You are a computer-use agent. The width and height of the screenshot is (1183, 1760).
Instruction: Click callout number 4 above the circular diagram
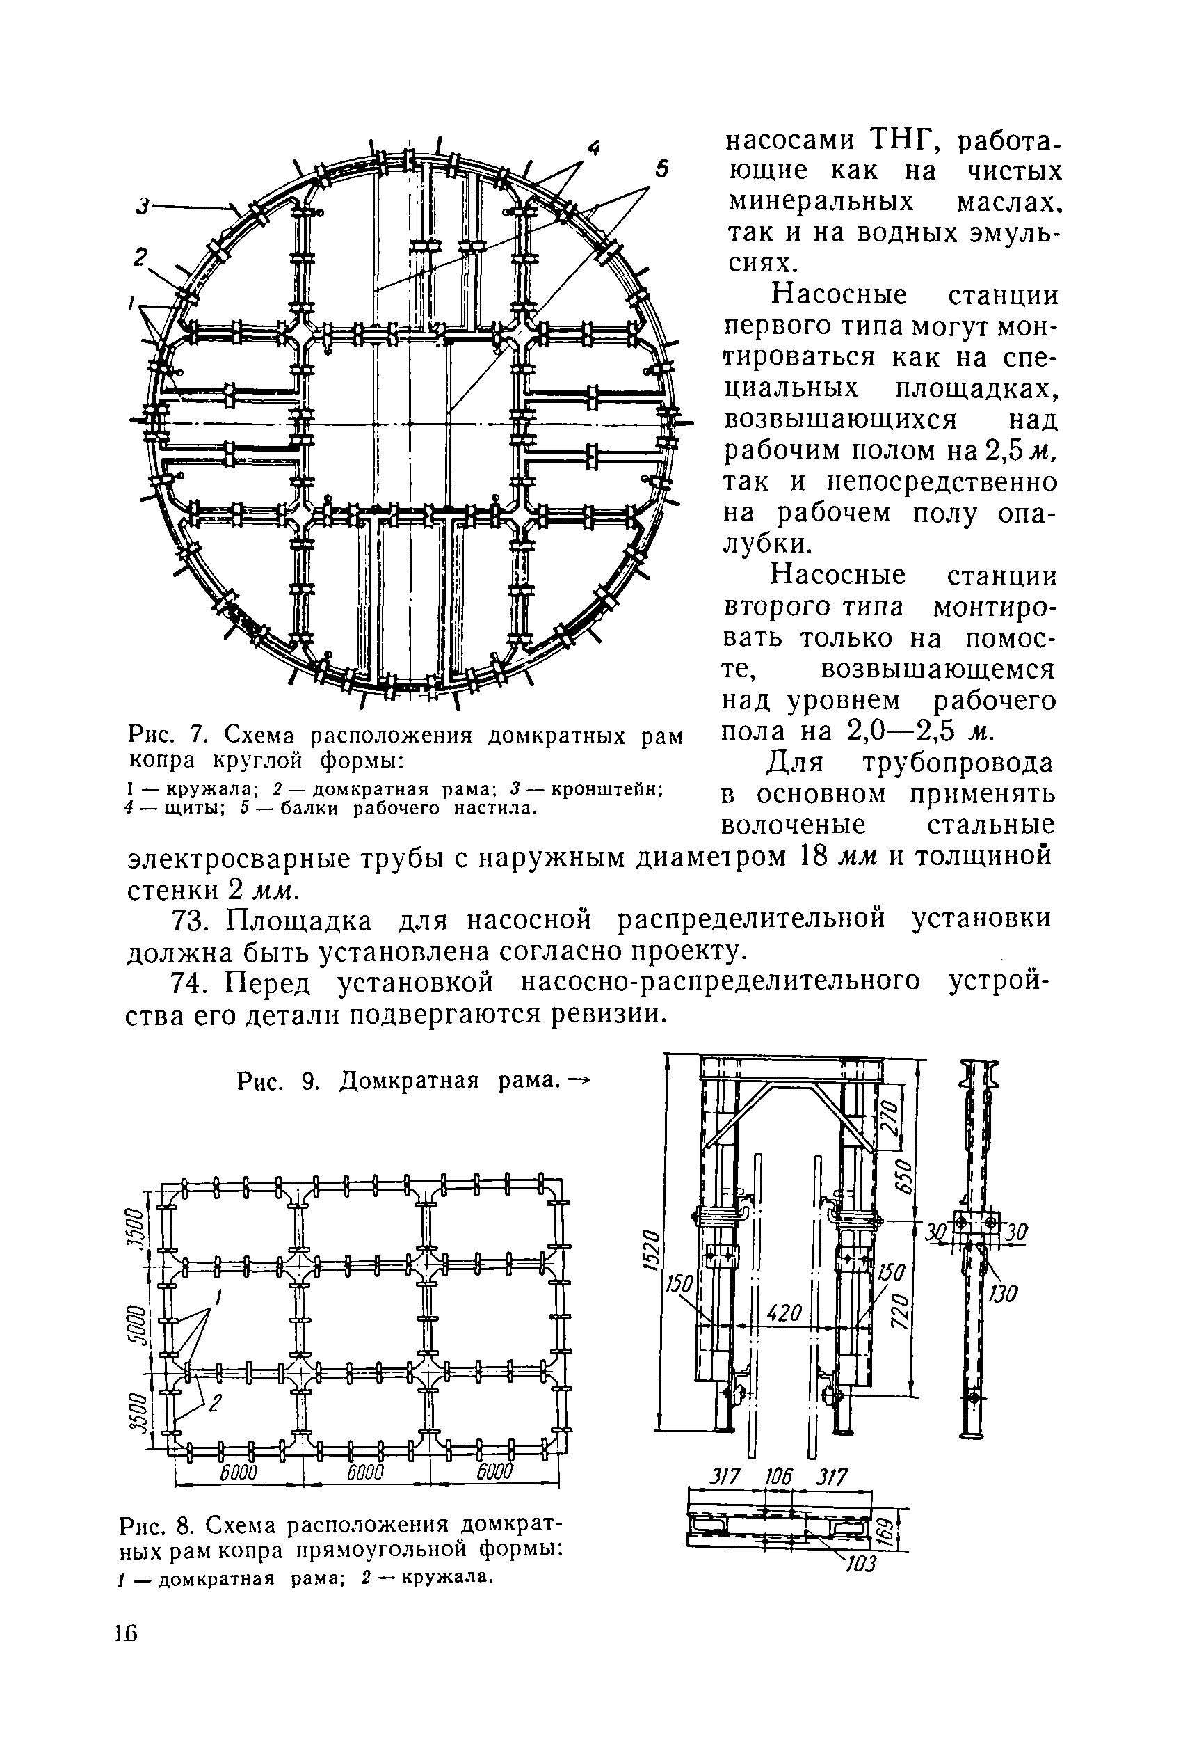click(x=595, y=149)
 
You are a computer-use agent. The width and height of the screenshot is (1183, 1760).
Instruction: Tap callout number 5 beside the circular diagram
click(x=661, y=171)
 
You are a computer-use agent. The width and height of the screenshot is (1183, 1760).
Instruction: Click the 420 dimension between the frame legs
click(x=784, y=1313)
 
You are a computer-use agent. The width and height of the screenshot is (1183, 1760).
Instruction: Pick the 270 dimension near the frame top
click(x=891, y=1111)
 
